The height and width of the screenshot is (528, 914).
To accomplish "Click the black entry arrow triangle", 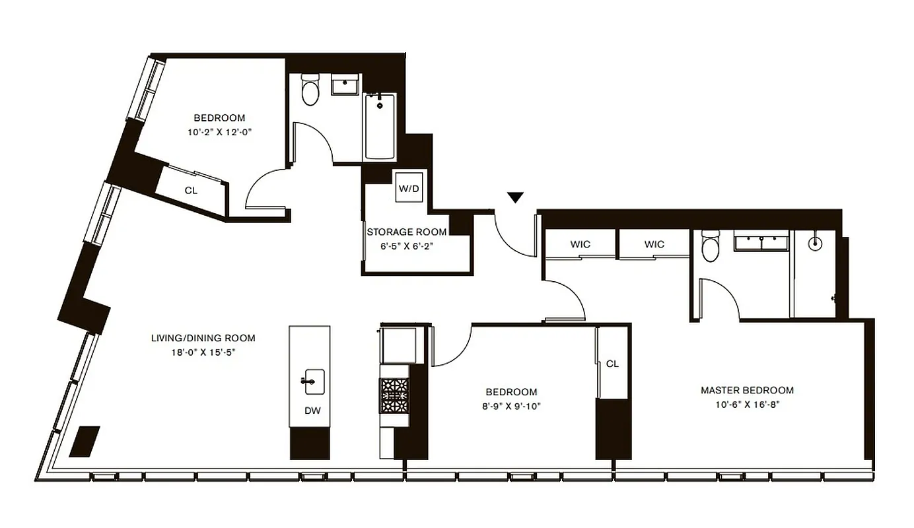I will coord(516,197).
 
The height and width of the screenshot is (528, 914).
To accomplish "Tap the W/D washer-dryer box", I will coord(408,189).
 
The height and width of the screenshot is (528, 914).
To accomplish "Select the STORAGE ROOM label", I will coord(406,232).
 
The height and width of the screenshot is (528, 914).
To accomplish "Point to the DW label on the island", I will coord(312,411).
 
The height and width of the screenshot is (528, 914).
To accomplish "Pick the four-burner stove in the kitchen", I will coord(394,395).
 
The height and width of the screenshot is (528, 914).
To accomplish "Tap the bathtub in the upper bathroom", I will coord(380,126).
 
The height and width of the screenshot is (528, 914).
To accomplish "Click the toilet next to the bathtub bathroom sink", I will coord(310,92).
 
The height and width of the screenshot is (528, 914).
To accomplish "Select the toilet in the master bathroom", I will coord(711,247).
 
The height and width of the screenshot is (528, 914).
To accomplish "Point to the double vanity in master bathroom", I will coord(762,242).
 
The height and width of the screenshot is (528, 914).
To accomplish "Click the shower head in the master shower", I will coord(817,242).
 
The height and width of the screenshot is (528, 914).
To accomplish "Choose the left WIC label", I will coord(580,244).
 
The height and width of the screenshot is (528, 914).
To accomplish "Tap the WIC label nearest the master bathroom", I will coord(654,244).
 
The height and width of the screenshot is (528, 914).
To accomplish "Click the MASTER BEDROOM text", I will coord(747,390).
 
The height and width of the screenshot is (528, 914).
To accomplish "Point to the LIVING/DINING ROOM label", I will coord(203,338).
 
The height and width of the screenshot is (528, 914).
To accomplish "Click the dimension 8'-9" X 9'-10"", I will coord(511,407).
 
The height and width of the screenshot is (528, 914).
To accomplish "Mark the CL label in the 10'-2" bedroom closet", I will coord(191,190).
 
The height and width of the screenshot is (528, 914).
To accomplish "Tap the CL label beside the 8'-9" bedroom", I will coord(612,364).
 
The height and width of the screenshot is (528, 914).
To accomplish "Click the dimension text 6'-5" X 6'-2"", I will coord(406,246).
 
